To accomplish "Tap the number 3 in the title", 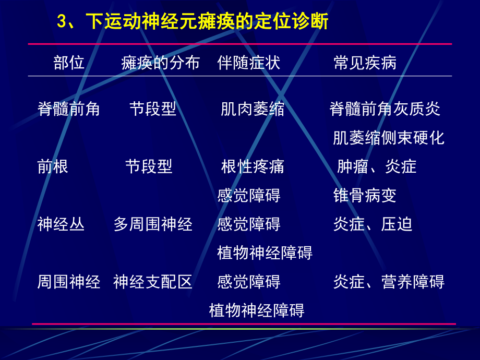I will point(61,22).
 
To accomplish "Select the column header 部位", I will point(69,63).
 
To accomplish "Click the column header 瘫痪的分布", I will point(160,63).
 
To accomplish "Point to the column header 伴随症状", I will point(249,63).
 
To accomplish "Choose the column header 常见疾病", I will point(365,63).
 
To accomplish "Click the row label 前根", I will point(53,166).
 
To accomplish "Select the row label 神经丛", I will point(61,224).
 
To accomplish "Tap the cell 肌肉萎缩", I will point(253,109).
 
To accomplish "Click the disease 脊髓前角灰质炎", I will point(385,109).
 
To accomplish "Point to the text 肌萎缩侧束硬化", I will point(389,138).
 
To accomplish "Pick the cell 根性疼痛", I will point(253,166).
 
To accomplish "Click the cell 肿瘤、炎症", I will point(377,166).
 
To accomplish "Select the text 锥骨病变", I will point(365,196).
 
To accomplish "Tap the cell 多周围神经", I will point(153,224).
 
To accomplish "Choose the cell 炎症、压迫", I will point(373,224).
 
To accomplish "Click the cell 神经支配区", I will point(153,282).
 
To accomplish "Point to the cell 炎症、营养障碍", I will point(389,282).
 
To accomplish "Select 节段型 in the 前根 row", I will point(149,166).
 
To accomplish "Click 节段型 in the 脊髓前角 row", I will point(153,109).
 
